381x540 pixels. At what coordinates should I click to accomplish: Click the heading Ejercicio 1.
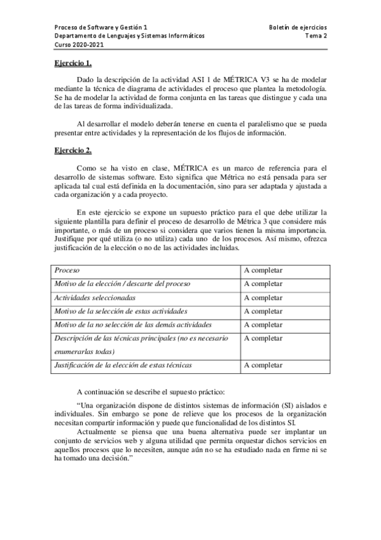pos(73,64)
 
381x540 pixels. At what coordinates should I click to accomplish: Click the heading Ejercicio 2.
pos(73,150)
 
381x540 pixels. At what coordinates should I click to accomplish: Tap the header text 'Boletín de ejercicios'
pos(298,28)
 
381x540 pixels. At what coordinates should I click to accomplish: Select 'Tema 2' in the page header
pos(316,36)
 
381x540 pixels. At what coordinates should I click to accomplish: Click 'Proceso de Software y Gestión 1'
pos(101,28)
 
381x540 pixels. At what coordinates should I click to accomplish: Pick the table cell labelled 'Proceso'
pos(67,271)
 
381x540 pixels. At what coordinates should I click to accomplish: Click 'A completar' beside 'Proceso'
pos(263,271)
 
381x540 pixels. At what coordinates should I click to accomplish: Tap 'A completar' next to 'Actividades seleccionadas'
pos(263,297)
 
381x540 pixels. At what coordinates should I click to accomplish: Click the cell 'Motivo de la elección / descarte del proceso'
pos(122,284)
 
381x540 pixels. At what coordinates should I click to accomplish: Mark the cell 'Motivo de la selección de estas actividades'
pos(121,311)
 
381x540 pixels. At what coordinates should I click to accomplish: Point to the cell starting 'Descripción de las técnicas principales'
pos(140,338)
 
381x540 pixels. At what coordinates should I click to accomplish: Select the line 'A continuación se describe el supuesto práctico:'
pos(150,391)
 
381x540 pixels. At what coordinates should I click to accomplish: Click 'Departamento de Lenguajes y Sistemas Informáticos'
pos(130,36)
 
